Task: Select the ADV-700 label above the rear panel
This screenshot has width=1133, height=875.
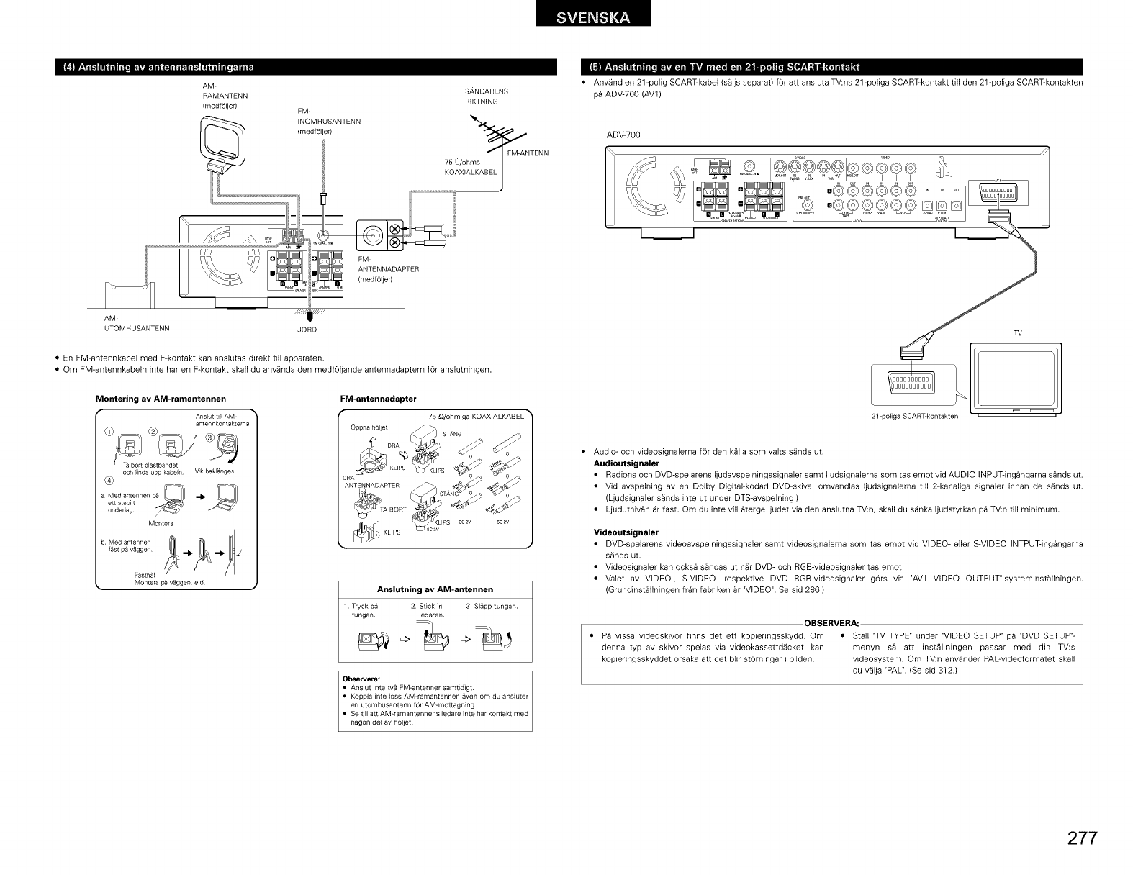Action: pos(623,135)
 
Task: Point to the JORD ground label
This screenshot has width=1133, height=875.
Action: pos(307,330)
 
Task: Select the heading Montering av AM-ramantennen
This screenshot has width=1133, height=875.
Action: pos(161,398)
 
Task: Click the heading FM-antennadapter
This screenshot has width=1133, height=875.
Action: pos(378,398)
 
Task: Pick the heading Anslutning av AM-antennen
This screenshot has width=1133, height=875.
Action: pos(435,589)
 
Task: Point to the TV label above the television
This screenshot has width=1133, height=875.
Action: pos(1018,333)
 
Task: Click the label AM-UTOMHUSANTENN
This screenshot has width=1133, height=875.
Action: pos(137,324)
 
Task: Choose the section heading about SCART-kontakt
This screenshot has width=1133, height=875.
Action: pos(725,68)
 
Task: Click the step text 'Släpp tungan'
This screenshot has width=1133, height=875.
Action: pos(492,607)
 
